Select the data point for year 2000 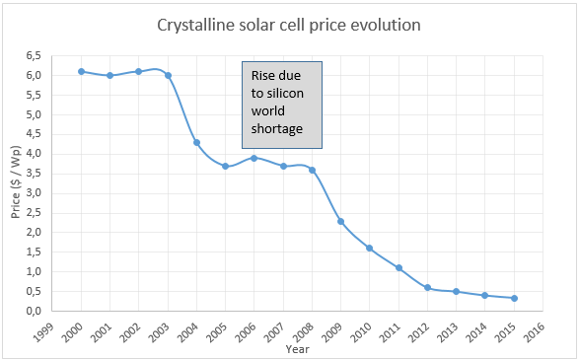click(81, 71)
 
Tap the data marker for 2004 click(196, 142)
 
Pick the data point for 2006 click(254, 158)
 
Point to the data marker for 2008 click(312, 170)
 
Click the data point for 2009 click(340, 221)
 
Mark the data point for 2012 click(427, 287)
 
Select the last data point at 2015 click(514, 298)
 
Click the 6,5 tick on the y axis click(35, 56)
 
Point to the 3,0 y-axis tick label click(35, 193)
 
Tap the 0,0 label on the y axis click(35, 311)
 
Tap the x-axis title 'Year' click(297, 348)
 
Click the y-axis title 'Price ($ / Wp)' click(14, 183)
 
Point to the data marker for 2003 click(168, 75)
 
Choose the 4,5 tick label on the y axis click(35, 134)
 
